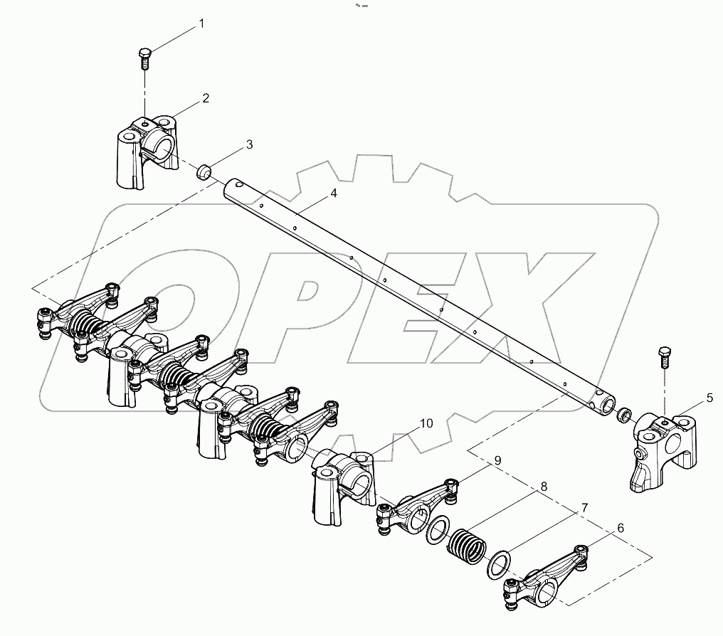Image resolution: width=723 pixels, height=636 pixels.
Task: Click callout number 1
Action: (x=201, y=23)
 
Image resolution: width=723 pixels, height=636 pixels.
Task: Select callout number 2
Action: (x=206, y=98)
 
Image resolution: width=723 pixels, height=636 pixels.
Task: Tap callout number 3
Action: (x=249, y=144)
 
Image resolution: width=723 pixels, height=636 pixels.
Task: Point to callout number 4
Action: (x=334, y=194)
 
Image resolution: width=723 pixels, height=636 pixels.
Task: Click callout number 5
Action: (x=709, y=398)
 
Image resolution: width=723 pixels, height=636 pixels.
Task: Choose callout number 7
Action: (x=584, y=508)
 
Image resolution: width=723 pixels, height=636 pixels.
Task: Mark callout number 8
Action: (x=544, y=487)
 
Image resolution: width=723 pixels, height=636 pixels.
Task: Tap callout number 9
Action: (x=497, y=460)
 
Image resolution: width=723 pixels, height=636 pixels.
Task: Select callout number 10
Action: (x=426, y=423)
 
